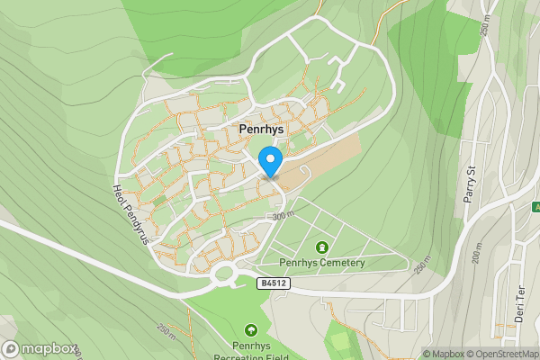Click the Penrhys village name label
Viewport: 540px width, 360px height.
tap(262, 130)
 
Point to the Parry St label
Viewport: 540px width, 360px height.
tap(470, 185)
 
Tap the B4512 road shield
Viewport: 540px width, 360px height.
tap(273, 283)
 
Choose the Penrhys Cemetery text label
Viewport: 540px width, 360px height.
tap(321, 263)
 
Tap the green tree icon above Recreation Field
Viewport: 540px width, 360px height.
tap(250, 330)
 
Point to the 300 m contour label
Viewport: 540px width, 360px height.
tap(283, 215)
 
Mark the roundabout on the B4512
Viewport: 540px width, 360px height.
tap(222, 274)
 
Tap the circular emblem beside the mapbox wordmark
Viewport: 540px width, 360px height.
tap(11, 349)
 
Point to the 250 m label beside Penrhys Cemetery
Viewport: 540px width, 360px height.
tap(422, 263)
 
